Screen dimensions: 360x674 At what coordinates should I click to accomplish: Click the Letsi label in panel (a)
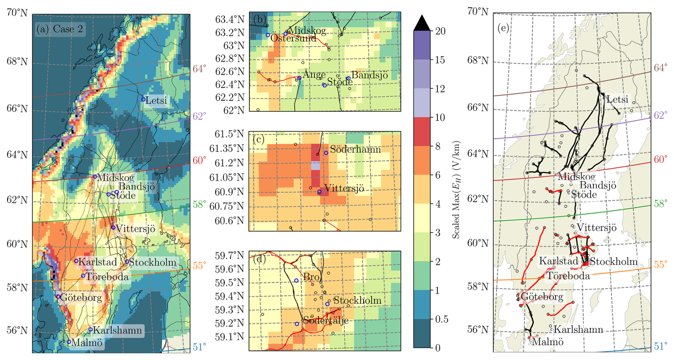coord(156,100)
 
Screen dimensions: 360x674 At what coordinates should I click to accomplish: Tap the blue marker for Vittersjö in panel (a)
coord(113,228)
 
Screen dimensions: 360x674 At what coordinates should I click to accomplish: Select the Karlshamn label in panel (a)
coord(117,330)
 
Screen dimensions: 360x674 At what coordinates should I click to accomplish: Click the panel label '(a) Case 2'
coord(60,29)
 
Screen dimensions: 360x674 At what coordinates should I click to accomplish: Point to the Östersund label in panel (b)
coord(293,38)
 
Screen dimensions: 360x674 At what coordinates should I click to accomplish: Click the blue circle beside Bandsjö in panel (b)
coord(348,78)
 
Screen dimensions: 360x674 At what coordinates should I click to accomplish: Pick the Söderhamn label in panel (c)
coord(355,149)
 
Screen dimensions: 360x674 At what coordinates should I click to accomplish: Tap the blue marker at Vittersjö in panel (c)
coord(320,192)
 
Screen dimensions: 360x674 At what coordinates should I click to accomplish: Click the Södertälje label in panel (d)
coord(326,320)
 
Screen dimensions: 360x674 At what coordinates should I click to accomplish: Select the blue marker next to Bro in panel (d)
coord(296,281)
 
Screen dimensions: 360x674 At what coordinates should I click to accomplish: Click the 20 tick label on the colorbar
coord(440,31)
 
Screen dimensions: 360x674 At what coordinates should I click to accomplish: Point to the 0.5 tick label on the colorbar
coord(442,319)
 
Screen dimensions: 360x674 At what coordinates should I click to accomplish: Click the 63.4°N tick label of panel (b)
coord(230,19)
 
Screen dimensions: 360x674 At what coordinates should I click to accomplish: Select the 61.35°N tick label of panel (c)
coord(227,148)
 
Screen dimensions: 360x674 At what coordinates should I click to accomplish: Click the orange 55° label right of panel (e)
coord(660,265)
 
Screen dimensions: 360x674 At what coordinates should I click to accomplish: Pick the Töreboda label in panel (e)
coord(568,276)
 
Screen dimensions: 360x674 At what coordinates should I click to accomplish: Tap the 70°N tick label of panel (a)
coord(17,13)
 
